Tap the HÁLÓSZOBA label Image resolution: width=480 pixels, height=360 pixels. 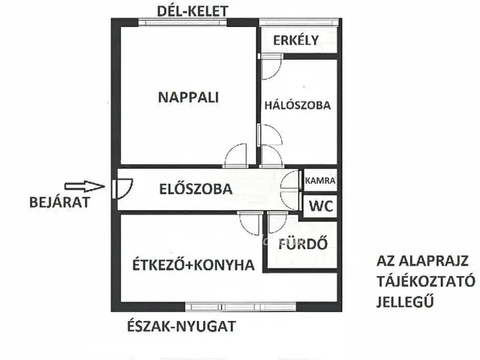coord(297,106)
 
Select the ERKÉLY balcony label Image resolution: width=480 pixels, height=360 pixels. coord(296,40)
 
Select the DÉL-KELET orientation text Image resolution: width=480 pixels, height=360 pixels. coord(193,10)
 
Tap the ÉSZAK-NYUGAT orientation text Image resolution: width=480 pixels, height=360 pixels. coord(183,325)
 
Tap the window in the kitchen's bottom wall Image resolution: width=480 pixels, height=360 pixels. coord(220,306)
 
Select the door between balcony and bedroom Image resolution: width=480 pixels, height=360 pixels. coord(269,69)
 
